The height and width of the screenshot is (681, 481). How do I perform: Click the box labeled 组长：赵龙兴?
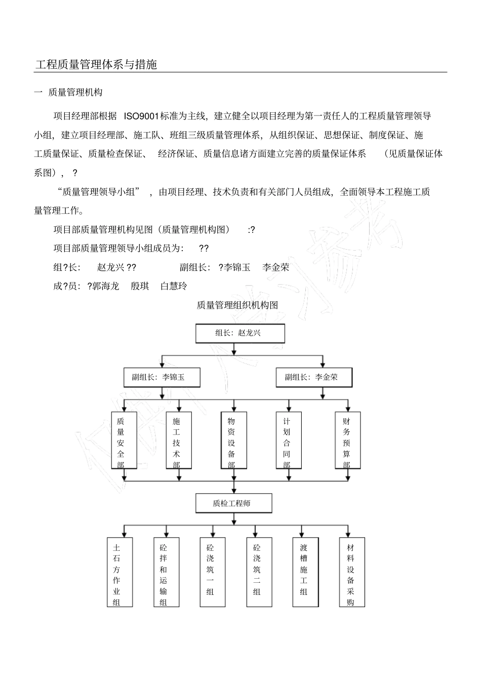click(x=240, y=333)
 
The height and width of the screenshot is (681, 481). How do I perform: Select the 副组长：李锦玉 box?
click(x=162, y=377)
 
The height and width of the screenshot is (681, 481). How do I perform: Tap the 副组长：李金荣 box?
click(x=314, y=377)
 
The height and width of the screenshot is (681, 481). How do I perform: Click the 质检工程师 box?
click(x=234, y=503)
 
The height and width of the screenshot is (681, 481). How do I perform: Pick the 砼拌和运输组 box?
click(x=163, y=572)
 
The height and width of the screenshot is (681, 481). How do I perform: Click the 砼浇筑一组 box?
click(x=210, y=572)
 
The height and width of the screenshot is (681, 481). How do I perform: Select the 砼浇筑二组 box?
click(x=257, y=572)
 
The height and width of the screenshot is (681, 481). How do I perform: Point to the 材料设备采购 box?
click(x=351, y=572)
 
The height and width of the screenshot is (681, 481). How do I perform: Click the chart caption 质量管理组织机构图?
click(x=237, y=305)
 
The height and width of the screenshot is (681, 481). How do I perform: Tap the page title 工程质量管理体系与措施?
click(x=96, y=65)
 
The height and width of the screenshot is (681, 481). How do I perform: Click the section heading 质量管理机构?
click(x=75, y=93)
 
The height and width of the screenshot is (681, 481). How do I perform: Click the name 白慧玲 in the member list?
click(x=174, y=286)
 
